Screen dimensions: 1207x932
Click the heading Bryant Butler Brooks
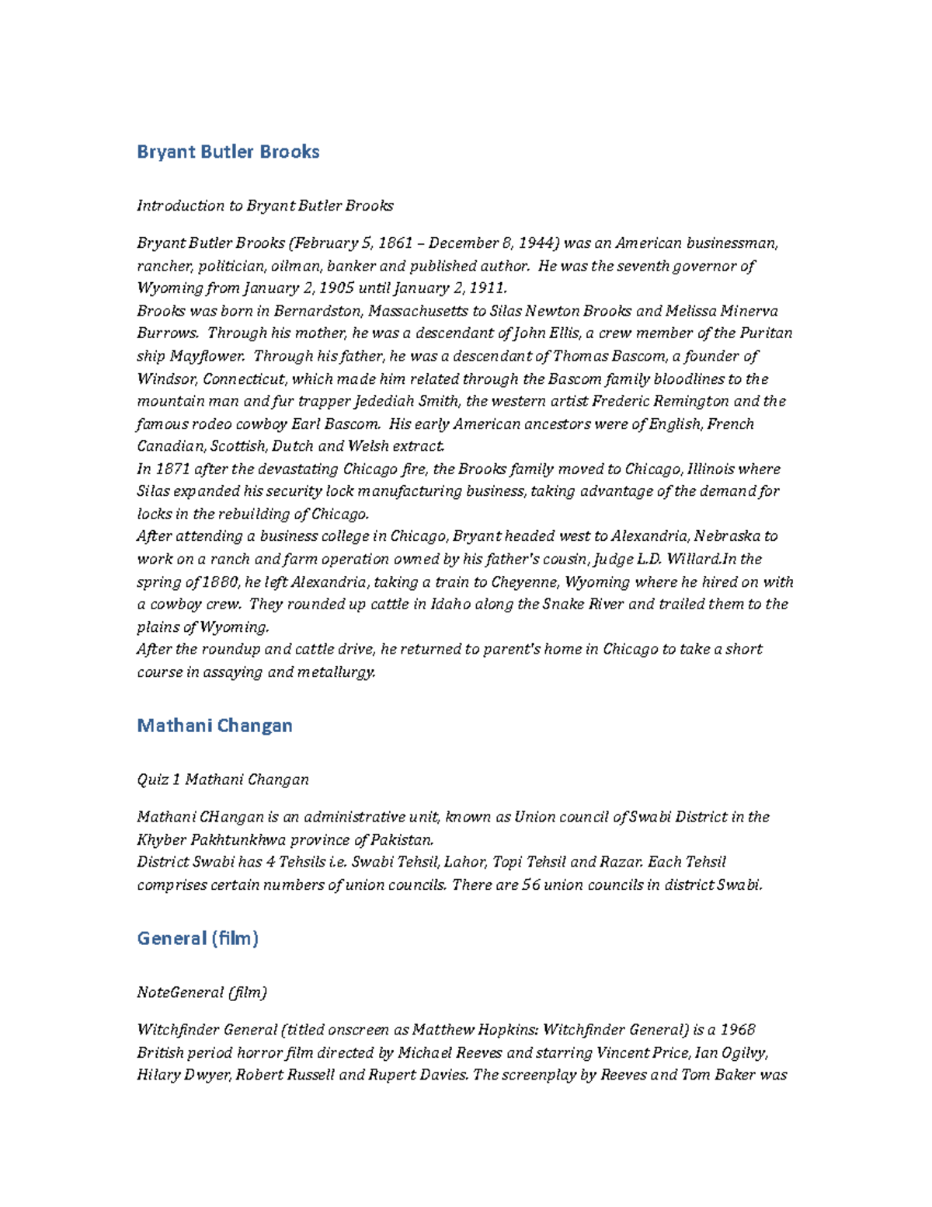tap(228, 152)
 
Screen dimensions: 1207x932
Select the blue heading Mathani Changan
tap(214, 725)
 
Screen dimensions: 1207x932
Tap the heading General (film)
tap(197, 938)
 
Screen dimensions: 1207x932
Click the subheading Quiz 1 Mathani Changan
tap(223, 780)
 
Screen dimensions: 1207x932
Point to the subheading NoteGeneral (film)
tap(202, 992)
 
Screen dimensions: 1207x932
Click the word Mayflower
tap(207, 356)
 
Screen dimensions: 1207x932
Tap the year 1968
tap(738, 1030)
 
